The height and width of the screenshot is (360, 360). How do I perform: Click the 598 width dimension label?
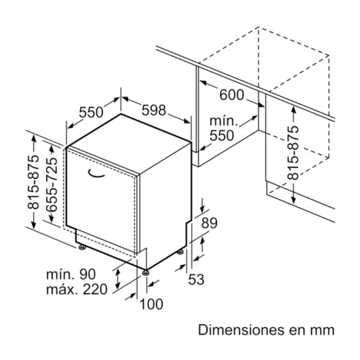154,110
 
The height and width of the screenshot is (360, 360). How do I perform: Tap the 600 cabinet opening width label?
232,95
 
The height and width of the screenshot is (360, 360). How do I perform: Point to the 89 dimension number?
209,223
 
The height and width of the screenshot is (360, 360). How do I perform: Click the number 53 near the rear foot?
196,280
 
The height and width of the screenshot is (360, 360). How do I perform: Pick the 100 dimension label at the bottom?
151,304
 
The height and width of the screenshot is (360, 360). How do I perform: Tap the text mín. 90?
71,274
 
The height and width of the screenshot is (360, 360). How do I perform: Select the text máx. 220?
77,289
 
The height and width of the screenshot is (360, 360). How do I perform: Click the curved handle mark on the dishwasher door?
96,174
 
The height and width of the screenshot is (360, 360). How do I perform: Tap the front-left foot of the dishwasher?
82,247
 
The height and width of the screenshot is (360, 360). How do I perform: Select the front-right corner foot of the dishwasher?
146,272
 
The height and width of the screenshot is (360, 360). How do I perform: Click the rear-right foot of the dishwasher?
180,252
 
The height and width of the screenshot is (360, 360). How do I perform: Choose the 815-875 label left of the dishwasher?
33,182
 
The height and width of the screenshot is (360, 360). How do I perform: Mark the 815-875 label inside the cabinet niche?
293,153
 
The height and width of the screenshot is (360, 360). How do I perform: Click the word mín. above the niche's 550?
223,121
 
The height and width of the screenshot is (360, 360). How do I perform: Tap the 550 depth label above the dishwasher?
91,112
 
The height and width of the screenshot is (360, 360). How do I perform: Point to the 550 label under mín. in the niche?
222,136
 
